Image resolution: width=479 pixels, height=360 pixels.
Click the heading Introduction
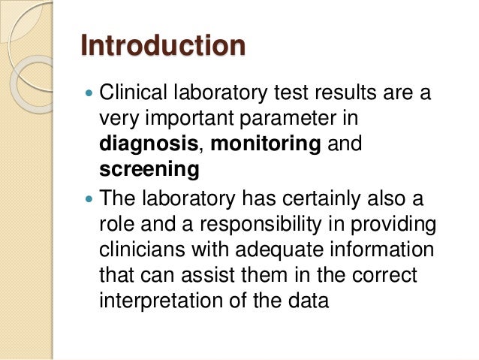tap(163, 46)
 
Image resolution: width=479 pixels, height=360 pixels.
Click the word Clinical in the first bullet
tap(132, 95)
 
